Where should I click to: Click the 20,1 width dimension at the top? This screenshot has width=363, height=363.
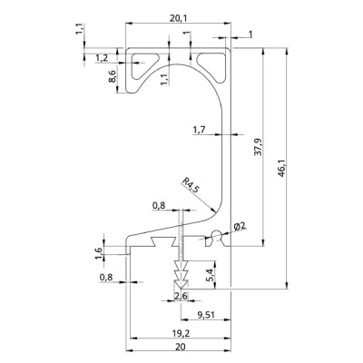click(x=179, y=18)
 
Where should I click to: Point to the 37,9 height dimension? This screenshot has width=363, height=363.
click(x=258, y=147)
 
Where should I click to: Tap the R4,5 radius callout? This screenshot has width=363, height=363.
click(x=191, y=185)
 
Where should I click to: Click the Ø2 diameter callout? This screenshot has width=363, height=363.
click(x=241, y=226)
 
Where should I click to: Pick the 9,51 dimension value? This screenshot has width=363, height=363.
click(x=206, y=315)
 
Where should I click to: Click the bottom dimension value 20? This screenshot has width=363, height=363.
click(x=181, y=347)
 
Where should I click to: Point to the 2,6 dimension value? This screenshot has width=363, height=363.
click(x=181, y=297)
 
